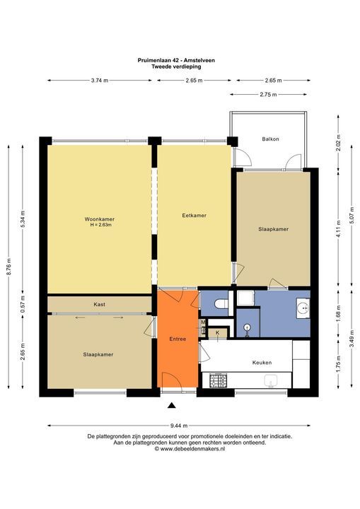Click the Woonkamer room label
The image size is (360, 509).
click(x=100, y=219)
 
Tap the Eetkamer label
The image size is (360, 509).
click(x=194, y=215)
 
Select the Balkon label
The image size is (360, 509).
click(x=270, y=139)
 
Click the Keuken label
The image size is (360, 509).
click(x=262, y=363)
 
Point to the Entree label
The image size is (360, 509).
click(x=178, y=339)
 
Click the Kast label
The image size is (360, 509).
click(x=100, y=304)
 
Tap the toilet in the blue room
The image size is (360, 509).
click(x=221, y=304)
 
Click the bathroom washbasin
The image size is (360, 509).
click(x=303, y=308)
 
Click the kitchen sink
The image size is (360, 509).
click(x=269, y=382)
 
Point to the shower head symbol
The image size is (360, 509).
click(x=247, y=327)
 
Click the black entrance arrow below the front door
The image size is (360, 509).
click(x=171, y=405)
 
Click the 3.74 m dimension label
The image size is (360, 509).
click(x=100, y=81)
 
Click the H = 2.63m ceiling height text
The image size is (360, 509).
click(x=100, y=225)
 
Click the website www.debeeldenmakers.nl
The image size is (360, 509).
click(x=180, y=448)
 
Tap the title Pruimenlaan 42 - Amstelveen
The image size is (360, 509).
click(x=180, y=61)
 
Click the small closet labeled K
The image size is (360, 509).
click(x=217, y=332)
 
